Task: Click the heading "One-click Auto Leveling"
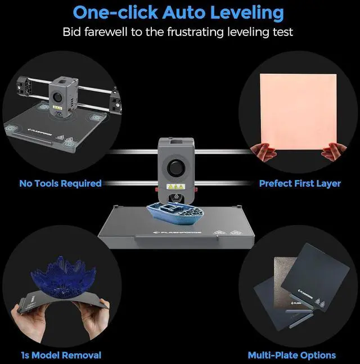coord(179,12)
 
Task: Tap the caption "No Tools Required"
coord(60,183)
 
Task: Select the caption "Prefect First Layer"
coord(300,183)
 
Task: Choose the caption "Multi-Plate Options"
coord(292,355)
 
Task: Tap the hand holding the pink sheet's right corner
coord(333,151)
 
